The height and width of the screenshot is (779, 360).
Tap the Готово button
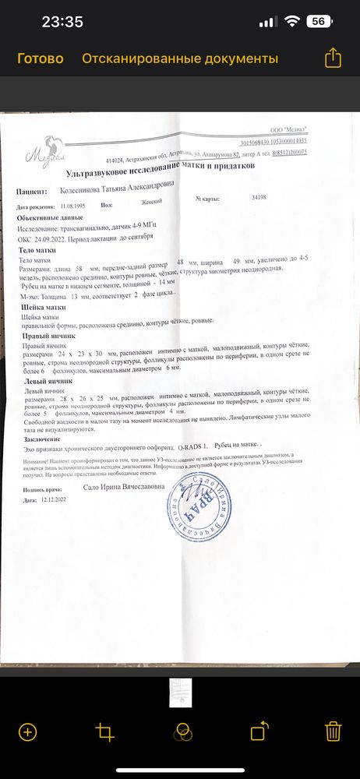40,58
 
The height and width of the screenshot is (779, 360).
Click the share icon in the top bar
333,58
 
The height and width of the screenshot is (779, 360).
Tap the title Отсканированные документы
180,58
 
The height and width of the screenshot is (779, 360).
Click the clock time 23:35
62,22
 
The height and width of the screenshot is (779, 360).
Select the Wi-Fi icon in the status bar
293,22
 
